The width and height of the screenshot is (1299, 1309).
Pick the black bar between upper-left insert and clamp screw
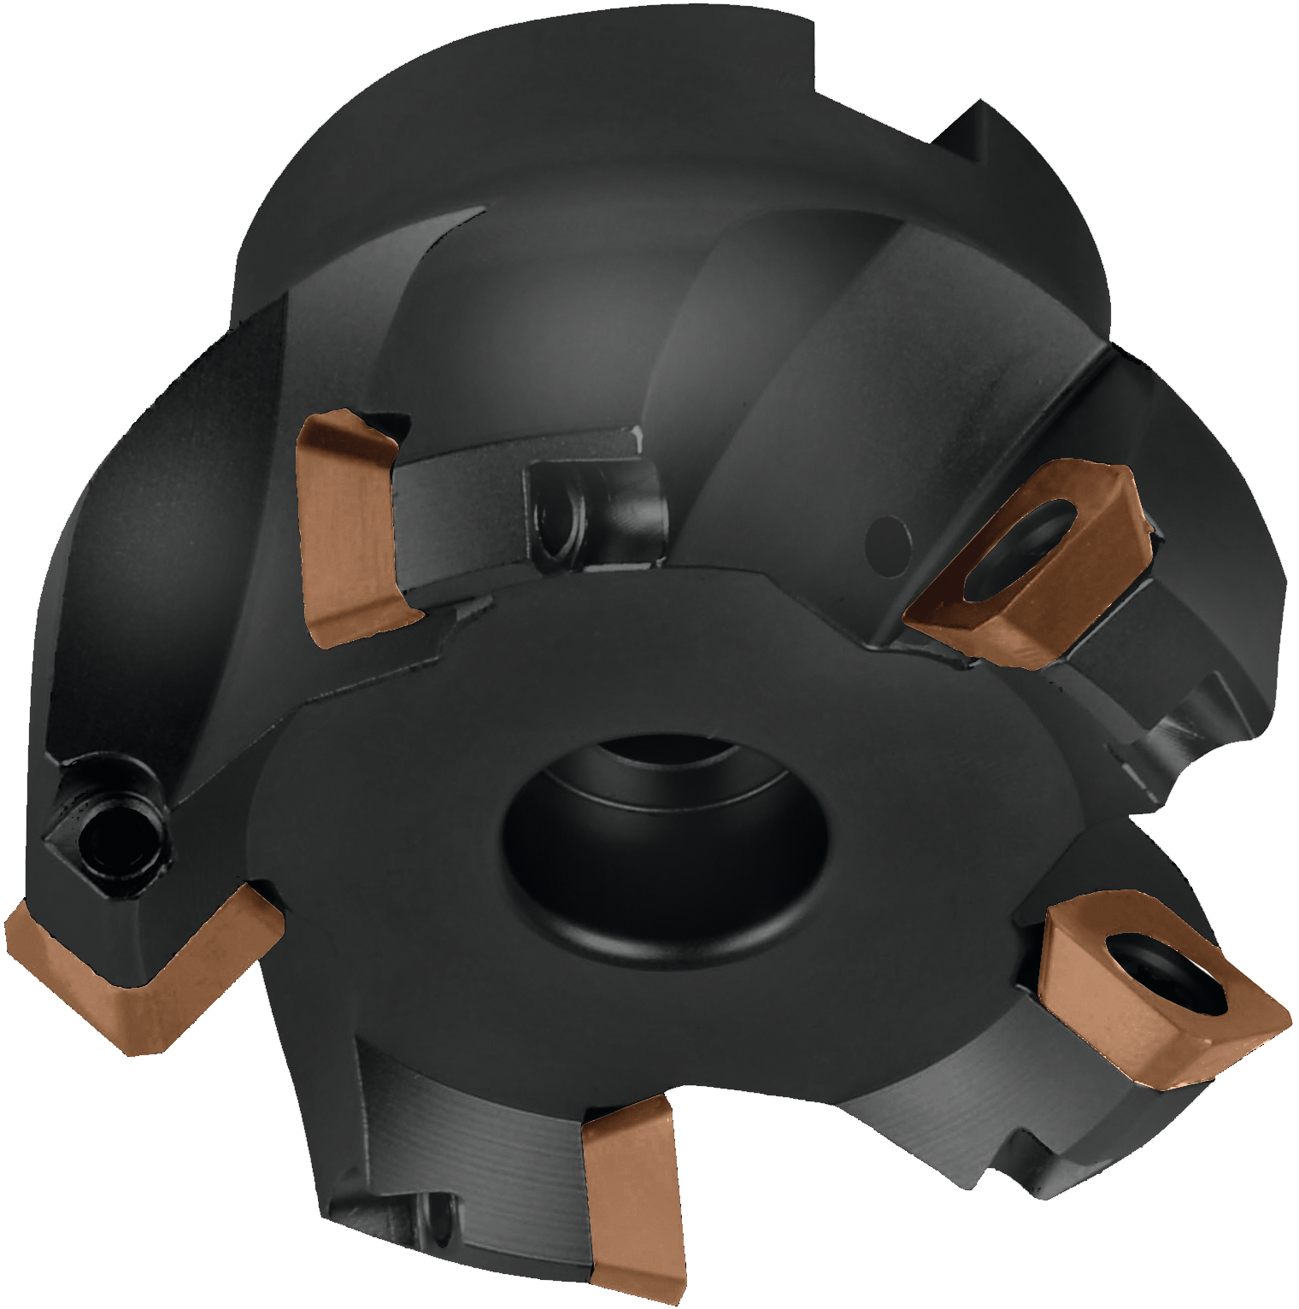(x=461, y=478)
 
